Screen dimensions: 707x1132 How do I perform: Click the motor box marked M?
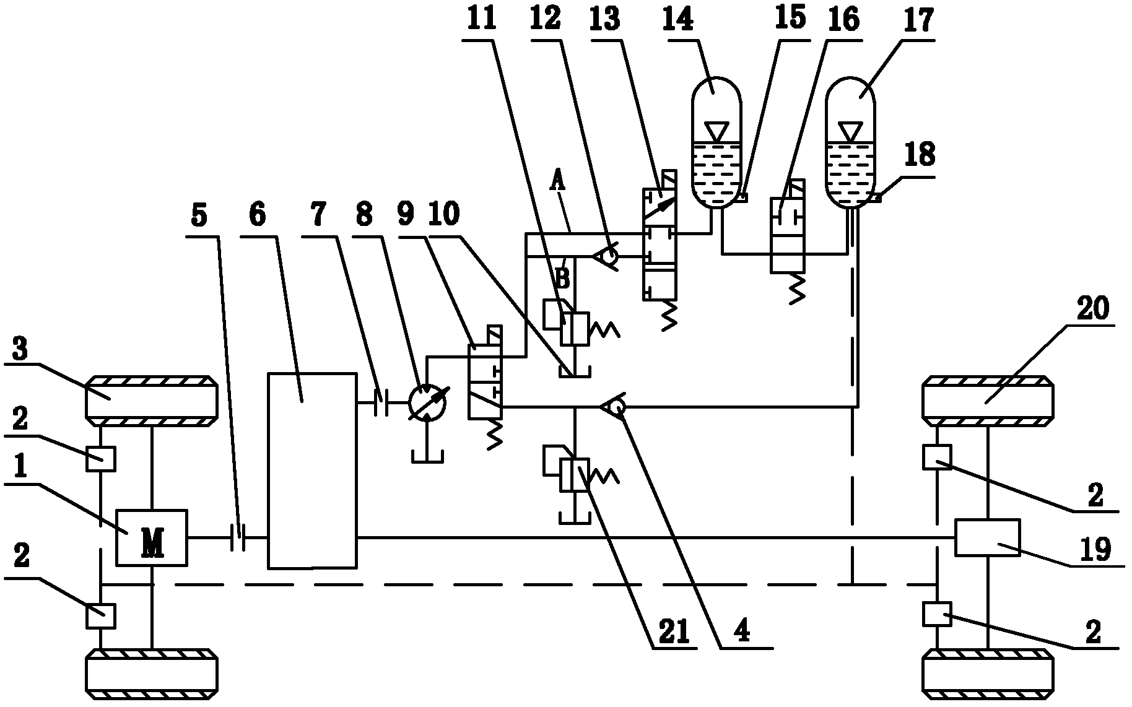pos(151,537)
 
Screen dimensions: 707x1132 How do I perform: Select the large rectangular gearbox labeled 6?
pos(311,471)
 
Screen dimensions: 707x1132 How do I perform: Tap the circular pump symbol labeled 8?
pos(427,402)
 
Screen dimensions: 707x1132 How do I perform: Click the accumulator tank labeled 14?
pos(715,142)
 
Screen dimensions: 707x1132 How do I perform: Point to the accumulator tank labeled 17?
pos(851,142)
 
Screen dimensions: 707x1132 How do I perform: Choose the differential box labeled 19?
pos(986,537)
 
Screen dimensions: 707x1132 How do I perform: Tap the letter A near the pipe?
pos(559,182)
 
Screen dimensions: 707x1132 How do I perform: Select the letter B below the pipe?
pos(562,278)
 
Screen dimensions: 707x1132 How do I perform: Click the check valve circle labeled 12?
pos(609,256)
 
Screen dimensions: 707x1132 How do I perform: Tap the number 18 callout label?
pos(919,154)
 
